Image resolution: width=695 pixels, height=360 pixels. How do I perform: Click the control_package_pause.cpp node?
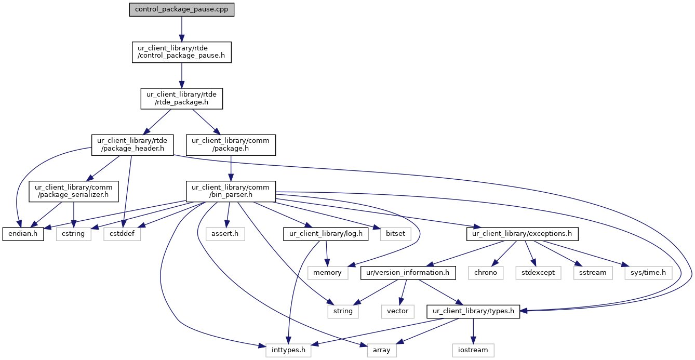182,10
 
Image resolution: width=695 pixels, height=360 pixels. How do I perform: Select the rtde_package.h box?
181,98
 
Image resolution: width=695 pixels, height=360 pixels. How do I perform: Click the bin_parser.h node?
231,191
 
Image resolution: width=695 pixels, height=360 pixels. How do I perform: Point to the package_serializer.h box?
74,191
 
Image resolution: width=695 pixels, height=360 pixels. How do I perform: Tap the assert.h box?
225,234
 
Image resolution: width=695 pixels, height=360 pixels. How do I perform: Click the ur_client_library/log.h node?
326,234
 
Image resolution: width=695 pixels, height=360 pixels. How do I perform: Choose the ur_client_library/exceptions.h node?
523,234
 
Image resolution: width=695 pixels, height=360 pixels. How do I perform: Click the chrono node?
486,272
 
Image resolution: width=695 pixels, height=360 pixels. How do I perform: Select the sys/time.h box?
648,272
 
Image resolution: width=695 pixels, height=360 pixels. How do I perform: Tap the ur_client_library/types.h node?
473,311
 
